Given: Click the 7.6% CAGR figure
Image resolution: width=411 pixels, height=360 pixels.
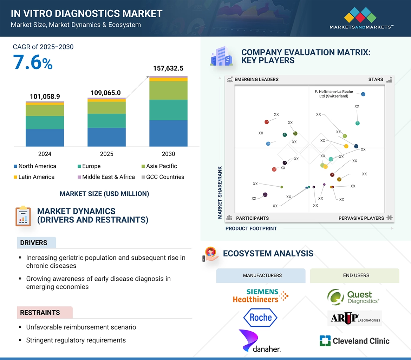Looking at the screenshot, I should click(33, 63).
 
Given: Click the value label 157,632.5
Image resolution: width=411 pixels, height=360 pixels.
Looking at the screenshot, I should click(168, 68).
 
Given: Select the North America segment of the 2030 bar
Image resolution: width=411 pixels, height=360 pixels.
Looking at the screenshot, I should click(168, 133).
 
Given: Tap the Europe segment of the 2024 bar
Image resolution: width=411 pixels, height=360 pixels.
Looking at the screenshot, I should click(45, 122).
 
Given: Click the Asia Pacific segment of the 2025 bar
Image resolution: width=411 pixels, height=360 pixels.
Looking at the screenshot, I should click(106, 108).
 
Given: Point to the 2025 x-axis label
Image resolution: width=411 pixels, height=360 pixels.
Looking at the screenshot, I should click(106, 154).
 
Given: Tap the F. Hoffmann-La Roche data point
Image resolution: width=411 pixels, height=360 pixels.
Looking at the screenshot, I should click(363, 94).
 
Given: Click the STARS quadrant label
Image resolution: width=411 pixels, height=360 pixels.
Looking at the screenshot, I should click(376, 79).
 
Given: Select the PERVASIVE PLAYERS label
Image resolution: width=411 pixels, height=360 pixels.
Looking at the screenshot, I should click(361, 218).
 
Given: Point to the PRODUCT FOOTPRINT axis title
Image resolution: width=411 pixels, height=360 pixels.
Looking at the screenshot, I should click(251, 228).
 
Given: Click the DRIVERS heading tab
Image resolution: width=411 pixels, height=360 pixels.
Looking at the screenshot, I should click(34, 243).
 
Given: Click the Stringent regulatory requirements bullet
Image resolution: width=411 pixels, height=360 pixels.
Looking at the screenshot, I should click(76, 340).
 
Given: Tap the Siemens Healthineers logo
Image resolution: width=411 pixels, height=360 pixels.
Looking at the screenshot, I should click(260, 296).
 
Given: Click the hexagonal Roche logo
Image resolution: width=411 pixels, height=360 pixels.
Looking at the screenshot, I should click(260, 318).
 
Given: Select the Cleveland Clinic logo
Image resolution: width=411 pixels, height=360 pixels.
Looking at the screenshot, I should click(354, 341).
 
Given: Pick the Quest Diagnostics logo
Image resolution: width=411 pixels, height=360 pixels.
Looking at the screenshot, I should click(353, 297).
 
